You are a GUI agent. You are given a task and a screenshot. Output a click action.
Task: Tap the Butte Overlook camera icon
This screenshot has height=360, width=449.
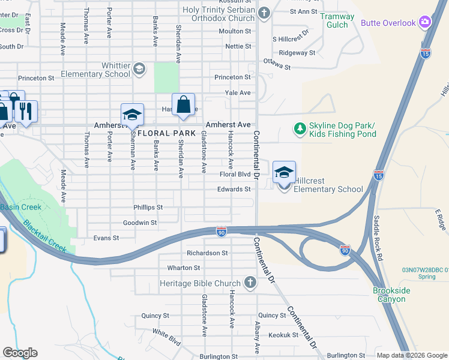pyautogui.click(x=426, y=22)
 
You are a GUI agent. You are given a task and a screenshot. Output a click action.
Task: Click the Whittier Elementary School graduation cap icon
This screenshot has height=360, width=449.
pyautogui.click(x=139, y=68)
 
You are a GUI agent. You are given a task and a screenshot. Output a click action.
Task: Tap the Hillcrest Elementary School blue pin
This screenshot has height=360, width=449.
pyautogui.click(x=284, y=173)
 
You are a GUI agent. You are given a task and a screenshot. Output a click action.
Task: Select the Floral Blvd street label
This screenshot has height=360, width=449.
pyautogui.click(x=235, y=175)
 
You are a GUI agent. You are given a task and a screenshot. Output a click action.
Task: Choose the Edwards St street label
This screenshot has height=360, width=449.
pyautogui.click(x=235, y=190)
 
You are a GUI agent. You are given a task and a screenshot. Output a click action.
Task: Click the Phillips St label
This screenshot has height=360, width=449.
pyautogui.click(x=148, y=208)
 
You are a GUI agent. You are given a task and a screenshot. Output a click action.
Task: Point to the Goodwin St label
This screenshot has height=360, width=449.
pyautogui.click(x=140, y=223)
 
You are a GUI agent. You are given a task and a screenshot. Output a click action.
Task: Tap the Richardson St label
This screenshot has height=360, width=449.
pyautogui.click(x=207, y=253)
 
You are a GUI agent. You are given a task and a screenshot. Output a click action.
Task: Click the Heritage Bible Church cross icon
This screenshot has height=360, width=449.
pyautogui.click(x=250, y=283)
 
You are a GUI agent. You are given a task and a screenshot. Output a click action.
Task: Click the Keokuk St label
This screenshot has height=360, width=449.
pyautogui.click(x=283, y=335)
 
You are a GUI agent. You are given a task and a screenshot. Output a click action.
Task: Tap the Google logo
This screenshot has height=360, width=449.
pyautogui.click(x=20, y=353)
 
